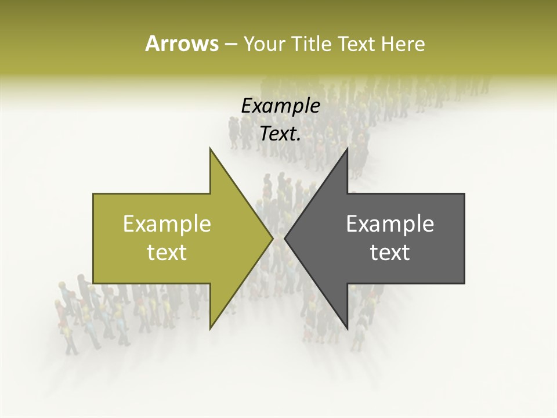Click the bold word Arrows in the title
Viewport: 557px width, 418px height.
click(182, 44)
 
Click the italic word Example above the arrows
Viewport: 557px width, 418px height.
click(280, 106)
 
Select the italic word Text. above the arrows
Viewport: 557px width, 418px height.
click(280, 134)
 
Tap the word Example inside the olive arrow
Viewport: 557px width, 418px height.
click(167, 224)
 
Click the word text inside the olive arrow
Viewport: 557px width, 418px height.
click(167, 253)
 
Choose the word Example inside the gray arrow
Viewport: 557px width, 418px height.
click(390, 224)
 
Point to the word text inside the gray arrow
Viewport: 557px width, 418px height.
click(390, 253)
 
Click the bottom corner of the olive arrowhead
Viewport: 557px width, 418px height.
click(211, 328)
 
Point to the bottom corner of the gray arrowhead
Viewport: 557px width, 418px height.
click(347, 328)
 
